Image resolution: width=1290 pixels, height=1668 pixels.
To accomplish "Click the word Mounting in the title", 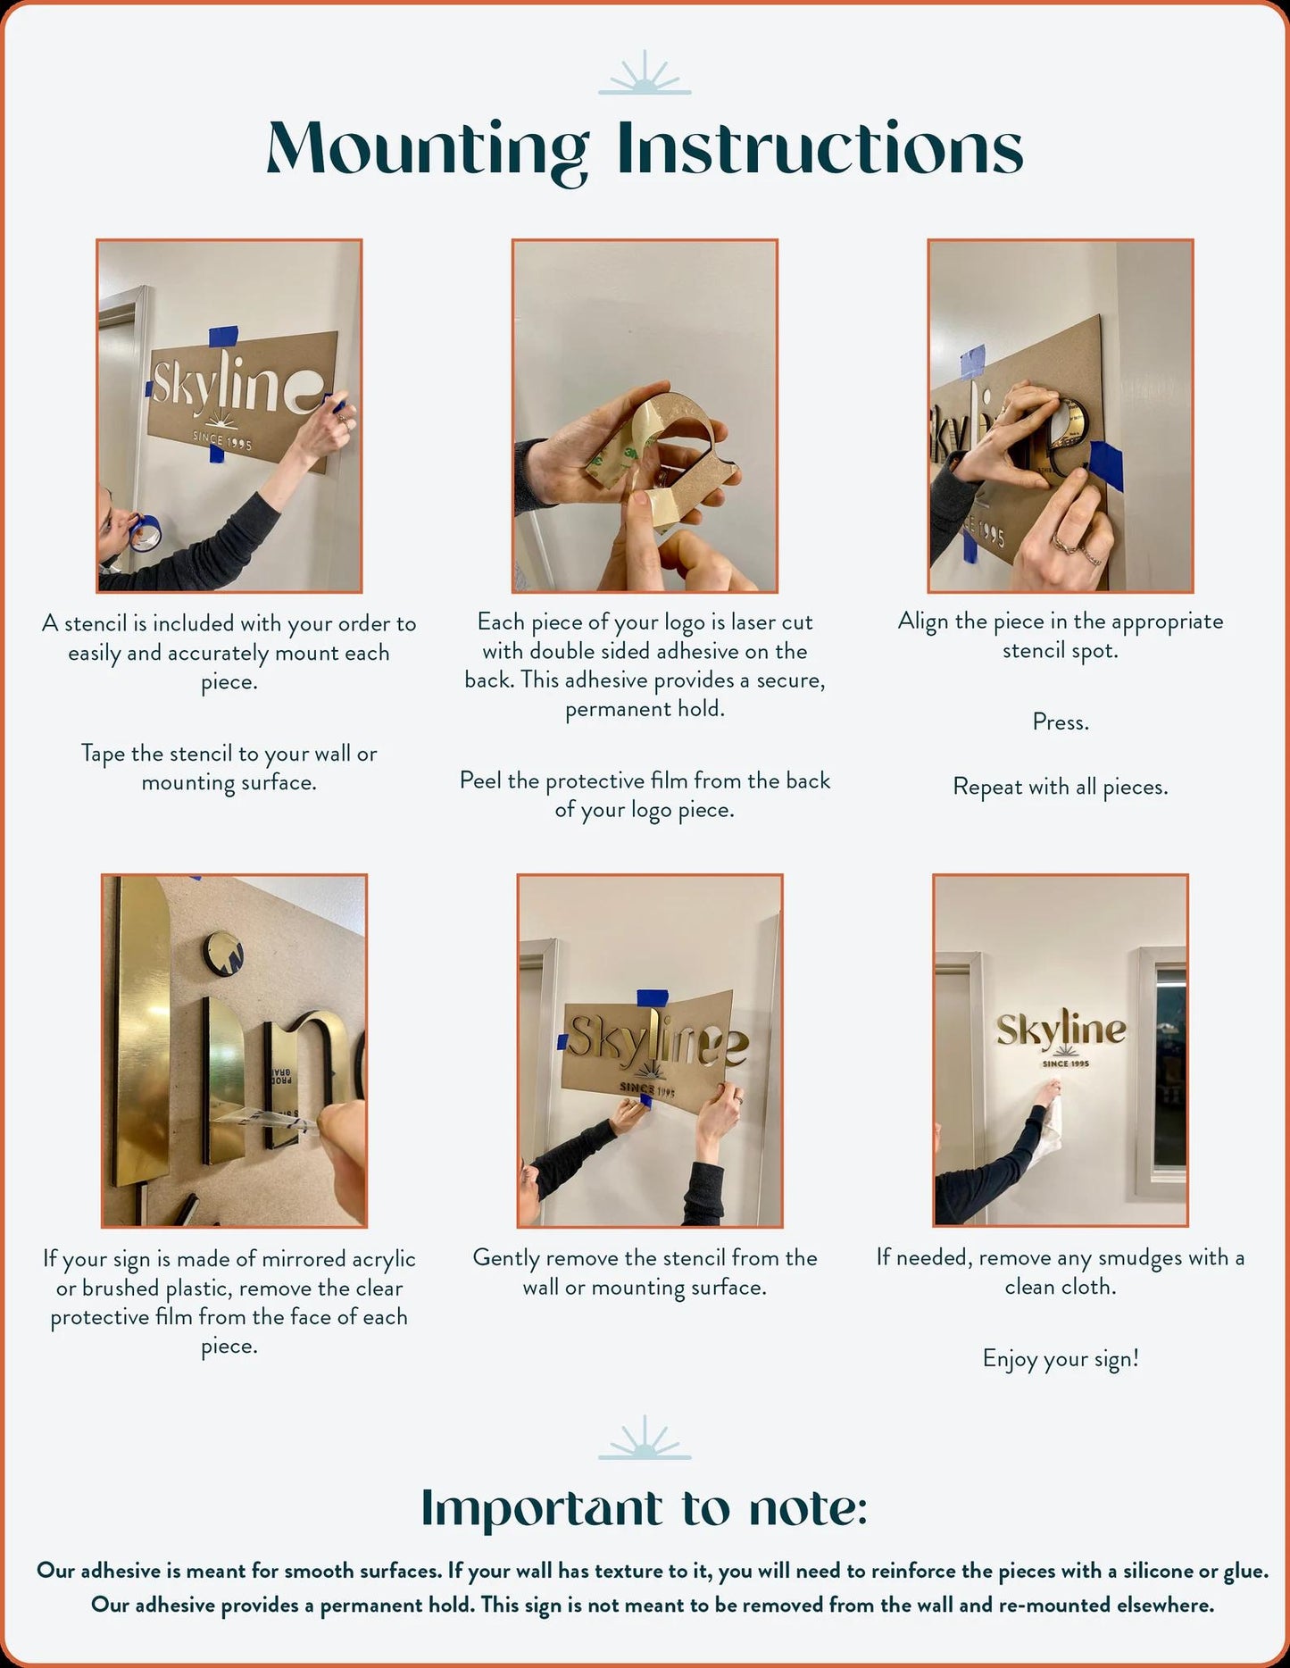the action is (x=428, y=151).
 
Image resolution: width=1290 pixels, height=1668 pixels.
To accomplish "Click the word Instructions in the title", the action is (x=820, y=147).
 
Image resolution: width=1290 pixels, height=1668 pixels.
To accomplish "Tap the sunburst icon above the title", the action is (x=645, y=72).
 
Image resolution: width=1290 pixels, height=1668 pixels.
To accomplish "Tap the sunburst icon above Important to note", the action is (x=645, y=1437).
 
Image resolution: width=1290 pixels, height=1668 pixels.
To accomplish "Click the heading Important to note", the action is (x=645, y=1508).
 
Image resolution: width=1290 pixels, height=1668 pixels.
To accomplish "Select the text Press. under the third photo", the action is (x=1061, y=721).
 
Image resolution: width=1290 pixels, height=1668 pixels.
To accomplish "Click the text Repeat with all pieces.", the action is (x=1061, y=787).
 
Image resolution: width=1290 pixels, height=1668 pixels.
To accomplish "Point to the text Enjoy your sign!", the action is (x=1061, y=1358).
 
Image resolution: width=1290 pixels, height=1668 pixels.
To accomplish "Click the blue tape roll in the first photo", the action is (x=146, y=533).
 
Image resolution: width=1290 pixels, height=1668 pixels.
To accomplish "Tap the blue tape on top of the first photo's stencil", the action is (x=223, y=337).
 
